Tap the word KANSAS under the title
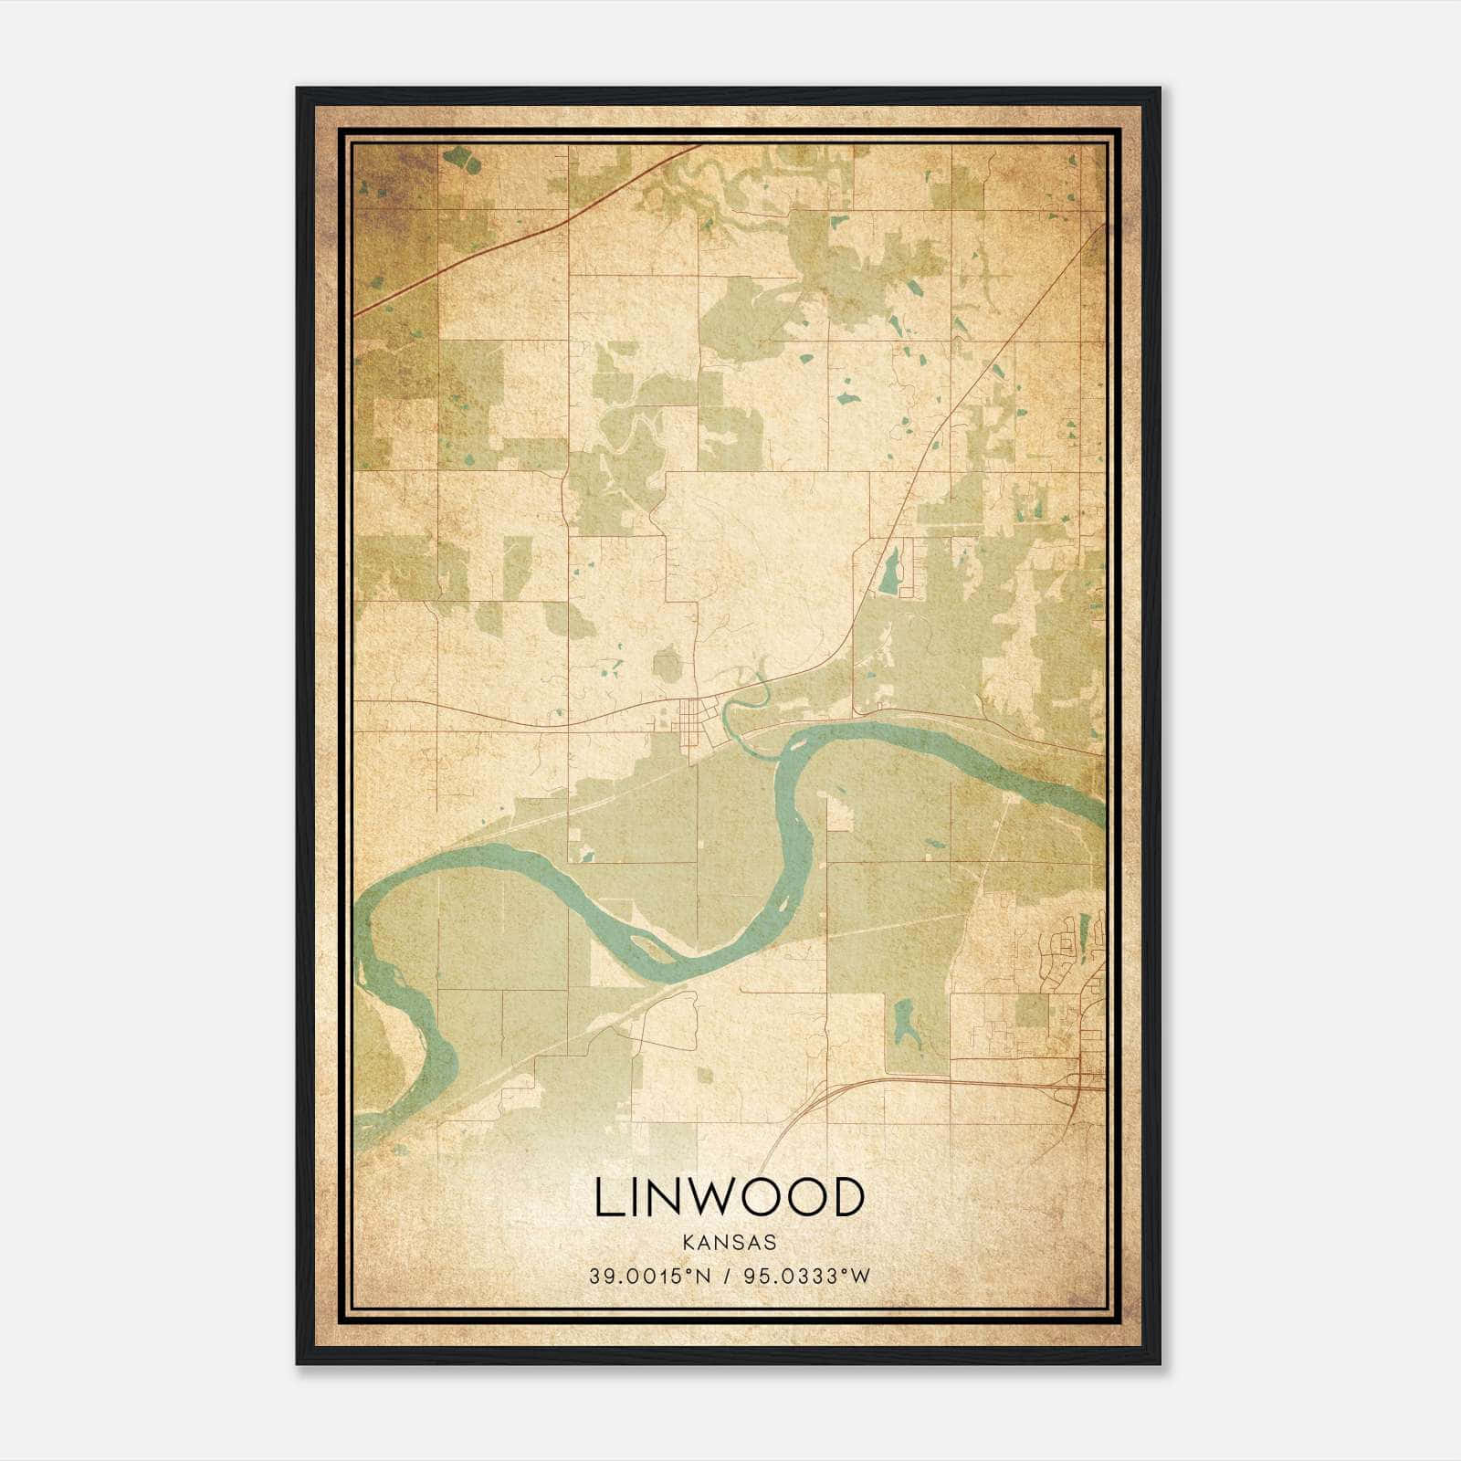coord(729,1243)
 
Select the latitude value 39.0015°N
coord(648,1277)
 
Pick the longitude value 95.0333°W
coord(807,1277)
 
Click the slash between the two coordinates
coord(729,1277)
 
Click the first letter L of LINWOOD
coord(606,1197)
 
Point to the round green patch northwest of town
coord(667,664)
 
